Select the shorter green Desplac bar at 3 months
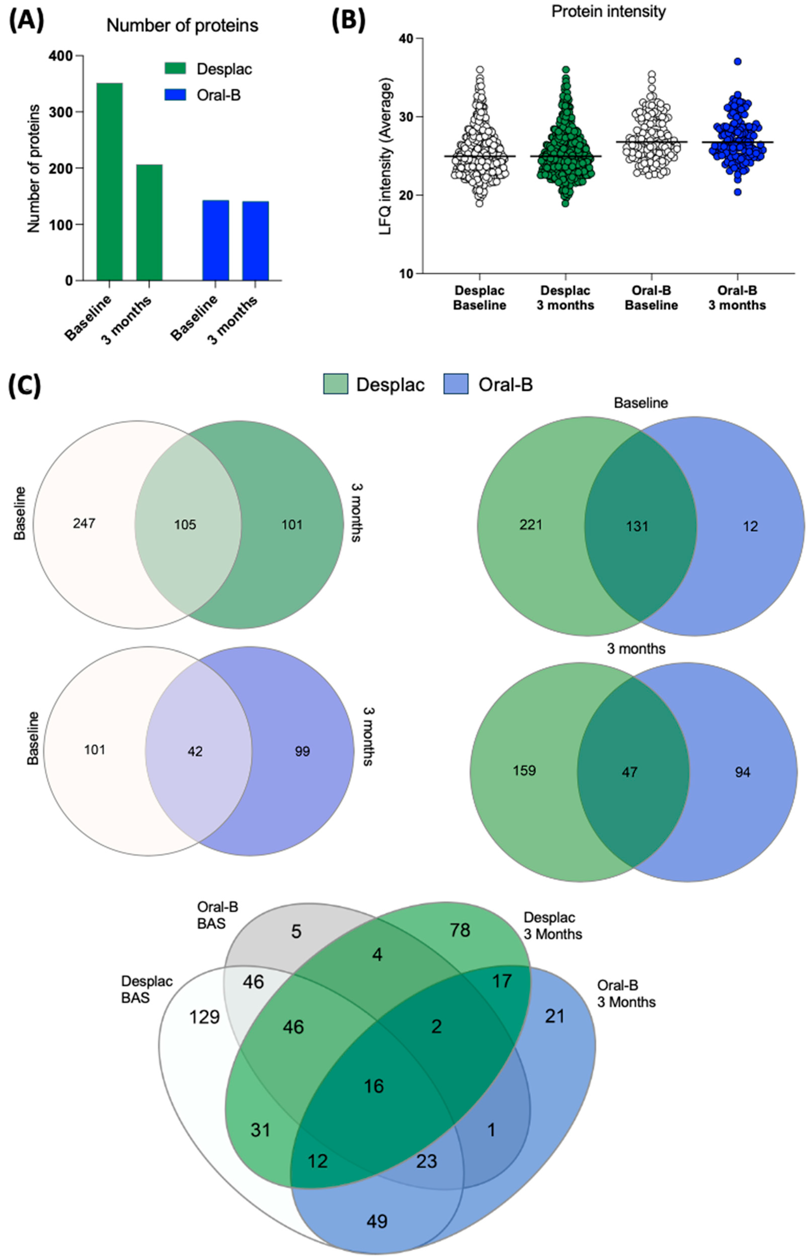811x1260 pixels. pyautogui.click(x=149, y=222)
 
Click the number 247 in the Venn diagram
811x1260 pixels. pyautogui.click(x=84, y=523)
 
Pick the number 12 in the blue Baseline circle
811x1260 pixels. pyautogui.click(x=750, y=526)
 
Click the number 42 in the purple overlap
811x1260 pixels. pyautogui.click(x=195, y=751)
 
